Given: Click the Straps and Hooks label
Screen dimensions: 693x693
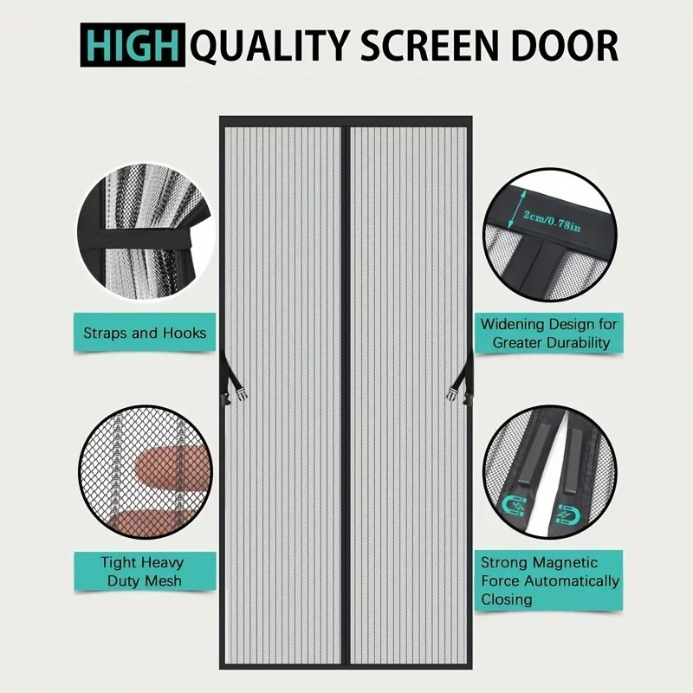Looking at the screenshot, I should coord(145,333).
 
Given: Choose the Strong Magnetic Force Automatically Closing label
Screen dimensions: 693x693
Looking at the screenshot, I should coord(550,580).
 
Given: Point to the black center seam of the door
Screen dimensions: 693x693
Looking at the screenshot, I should coord(346,390).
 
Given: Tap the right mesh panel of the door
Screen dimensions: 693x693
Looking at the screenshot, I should coord(408,390).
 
